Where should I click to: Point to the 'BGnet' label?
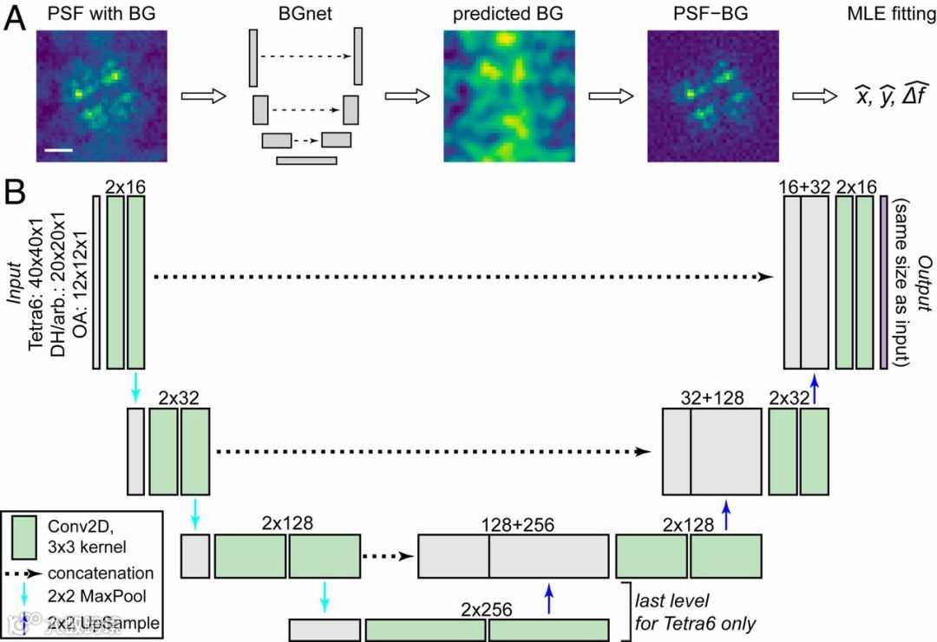(302, 15)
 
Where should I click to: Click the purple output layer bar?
(883, 283)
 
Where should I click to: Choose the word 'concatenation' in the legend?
(101, 573)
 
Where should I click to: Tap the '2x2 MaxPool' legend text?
(96, 598)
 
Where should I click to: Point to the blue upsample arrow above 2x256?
(548, 599)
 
